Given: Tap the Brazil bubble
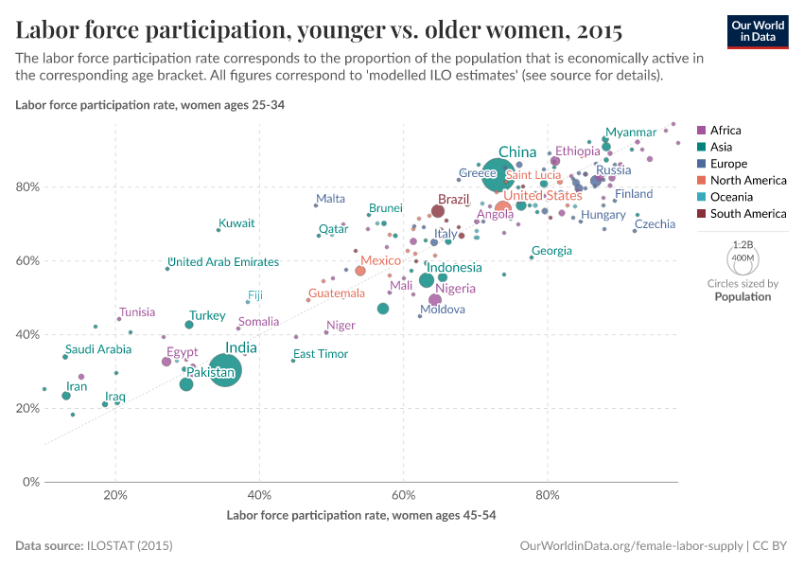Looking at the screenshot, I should pyautogui.click(x=438, y=211).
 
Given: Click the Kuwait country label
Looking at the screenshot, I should pyautogui.click(x=236, y=223).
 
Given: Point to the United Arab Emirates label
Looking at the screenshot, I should pyautogui.click(x=223, y=262).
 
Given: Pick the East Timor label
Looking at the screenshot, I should pyautogui.click(x=321, y=354).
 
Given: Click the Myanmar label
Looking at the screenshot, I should pyautogui.click(x=631, y=133).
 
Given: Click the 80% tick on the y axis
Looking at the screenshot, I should pyautogui.click(x=26, y=186).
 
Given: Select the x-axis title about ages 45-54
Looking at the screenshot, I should pyautogui.click(x=361, y=516).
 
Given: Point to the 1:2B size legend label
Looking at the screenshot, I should pyautogui.click(x=743, y=244).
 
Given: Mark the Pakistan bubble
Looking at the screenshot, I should pyautogui.click(x=186, y=383).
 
